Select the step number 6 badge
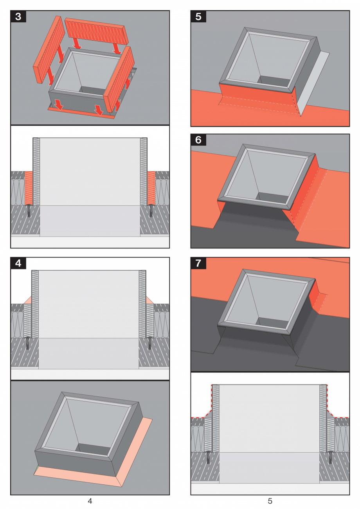pos(198,140)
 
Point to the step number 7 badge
pos(198,263)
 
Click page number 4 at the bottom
pos(90,501)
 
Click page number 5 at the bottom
pos(270,501)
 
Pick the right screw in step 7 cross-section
pos(331,457)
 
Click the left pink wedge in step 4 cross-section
pos(27,300)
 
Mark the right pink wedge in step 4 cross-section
pos(150,300)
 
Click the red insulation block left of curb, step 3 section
pos(28,188)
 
